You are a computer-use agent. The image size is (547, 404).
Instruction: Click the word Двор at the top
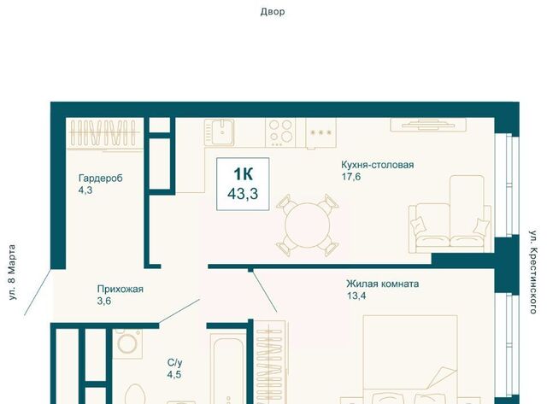point(273,12)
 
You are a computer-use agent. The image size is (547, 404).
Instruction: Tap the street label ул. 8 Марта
point(12,272)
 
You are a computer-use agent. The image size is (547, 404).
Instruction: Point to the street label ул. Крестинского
point(533,272)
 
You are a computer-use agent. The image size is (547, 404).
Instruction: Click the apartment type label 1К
point(243,174)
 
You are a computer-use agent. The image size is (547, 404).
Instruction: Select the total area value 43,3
point(243,194)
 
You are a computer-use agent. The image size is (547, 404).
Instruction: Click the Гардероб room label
point(101,179)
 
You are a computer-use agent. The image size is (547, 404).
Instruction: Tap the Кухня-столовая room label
point(378,165)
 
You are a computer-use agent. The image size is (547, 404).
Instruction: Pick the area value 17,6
point(351,177)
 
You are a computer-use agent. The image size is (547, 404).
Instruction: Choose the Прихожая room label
point(121,289)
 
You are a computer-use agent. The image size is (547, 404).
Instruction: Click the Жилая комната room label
point(383,284)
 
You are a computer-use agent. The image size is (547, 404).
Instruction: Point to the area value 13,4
point(356,296)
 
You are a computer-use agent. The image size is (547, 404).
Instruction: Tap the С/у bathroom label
point(174,363)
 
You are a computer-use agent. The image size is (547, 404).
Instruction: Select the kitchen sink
point(220,132)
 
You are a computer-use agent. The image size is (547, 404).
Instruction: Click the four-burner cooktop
point(280,132)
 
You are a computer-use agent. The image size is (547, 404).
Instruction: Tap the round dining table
point(308,225)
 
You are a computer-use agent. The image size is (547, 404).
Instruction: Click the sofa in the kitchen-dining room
point(450,214)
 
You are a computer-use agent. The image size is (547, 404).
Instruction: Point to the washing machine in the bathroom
point(127,343)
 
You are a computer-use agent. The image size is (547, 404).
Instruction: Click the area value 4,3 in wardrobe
point(85,190)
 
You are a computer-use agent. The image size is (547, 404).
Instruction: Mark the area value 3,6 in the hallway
point(104,301)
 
